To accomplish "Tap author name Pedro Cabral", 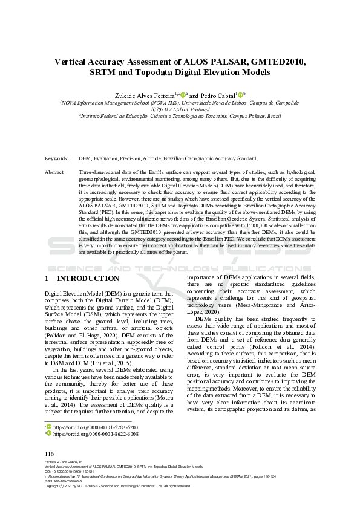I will (x=217, y=95).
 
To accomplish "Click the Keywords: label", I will (x=57, y=158).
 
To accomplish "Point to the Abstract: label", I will (x=55, y=172).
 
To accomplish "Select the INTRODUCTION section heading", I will (x=88, y=279).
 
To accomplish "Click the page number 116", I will (x=50, y=454).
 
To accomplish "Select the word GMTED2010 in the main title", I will (x=269, y=61).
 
